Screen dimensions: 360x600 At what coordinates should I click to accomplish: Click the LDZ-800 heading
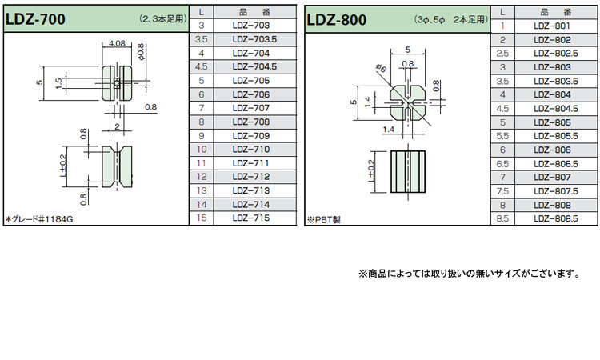[x=338, y=18]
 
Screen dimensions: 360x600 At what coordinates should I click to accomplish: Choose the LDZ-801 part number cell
[x=551, y=26]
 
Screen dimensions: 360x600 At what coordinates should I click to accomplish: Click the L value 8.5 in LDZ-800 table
[x=502, y=218]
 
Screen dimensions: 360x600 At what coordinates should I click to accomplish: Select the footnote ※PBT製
[x=324, y=218]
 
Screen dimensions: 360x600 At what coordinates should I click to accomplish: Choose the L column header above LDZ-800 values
[x=502, y=12]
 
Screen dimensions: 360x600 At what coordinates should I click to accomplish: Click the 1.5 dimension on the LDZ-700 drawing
[x=58, y=82]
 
